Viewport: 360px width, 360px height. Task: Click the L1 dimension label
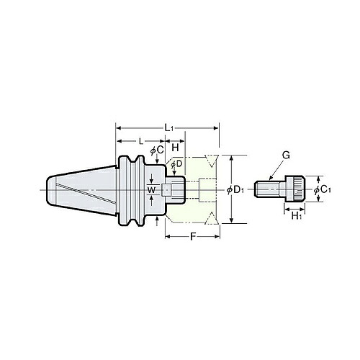[168, 128]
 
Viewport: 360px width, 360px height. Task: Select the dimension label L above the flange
[141, 141]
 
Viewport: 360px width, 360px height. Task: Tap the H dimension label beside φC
[176, 148]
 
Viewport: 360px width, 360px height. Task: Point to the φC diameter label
[157, 150]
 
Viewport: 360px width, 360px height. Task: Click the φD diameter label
[176, 164]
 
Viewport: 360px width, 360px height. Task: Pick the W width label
[151, 190]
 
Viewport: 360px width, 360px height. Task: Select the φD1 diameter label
[235, 190]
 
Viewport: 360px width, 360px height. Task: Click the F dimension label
[192, 237]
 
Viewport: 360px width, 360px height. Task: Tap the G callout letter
[286, 156]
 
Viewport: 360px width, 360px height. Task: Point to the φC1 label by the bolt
[323, 190]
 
